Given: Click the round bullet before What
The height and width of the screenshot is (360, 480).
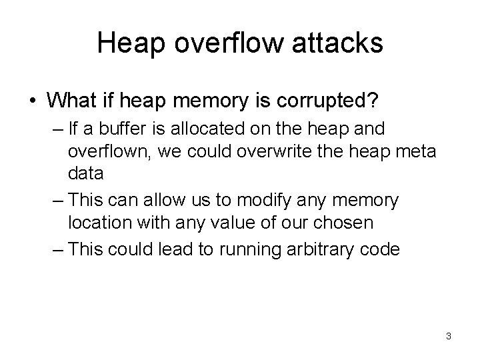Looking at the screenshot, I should [33, 101].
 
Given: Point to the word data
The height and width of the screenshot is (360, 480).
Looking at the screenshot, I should [85, 174].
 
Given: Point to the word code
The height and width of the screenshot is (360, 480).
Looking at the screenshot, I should [381, 249].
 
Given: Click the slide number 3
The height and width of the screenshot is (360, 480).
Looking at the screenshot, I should [449, 337].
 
